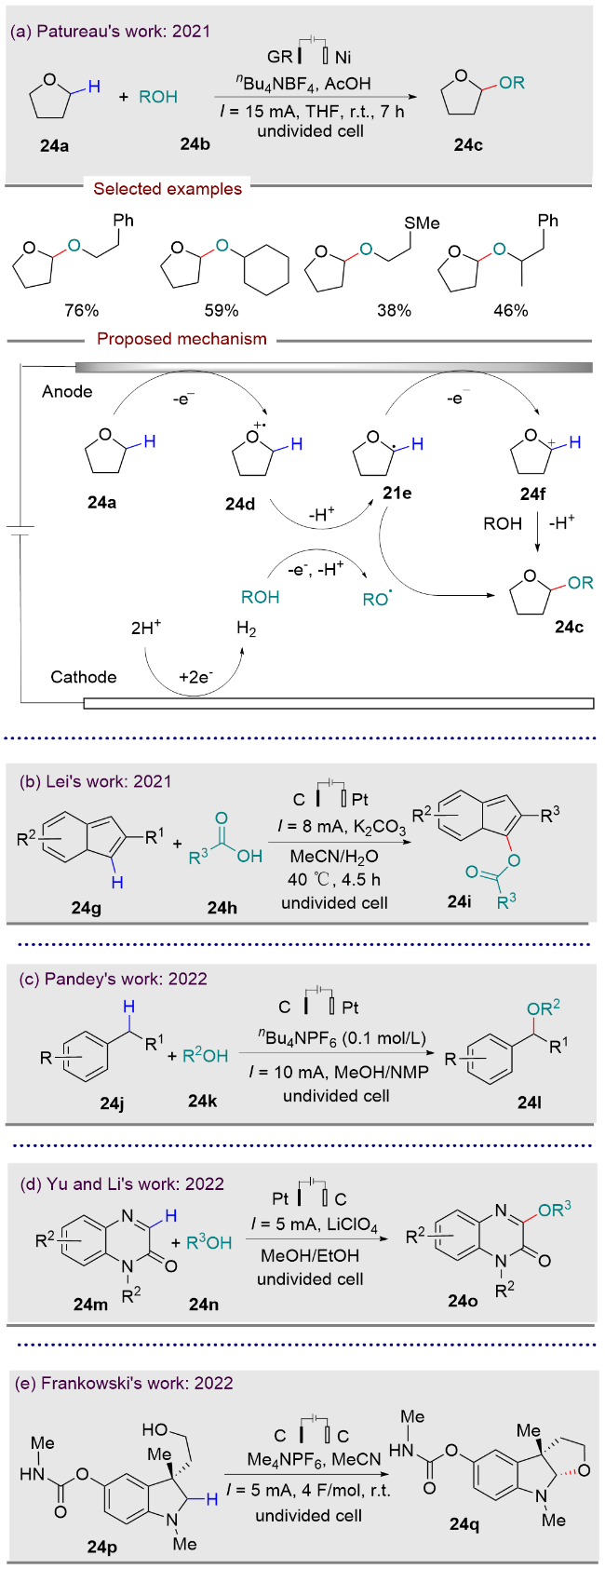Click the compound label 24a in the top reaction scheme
[55, 145]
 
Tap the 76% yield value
[81, 309]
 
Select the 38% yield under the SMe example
[395, 309]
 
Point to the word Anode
[67, 391]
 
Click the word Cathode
[84, 677]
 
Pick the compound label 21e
[397, 494]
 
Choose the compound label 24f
[533, 494]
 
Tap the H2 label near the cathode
[246, 629]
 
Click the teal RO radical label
[377, 598]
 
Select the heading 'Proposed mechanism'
[182, 339]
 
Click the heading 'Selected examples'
[168, 189]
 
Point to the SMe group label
[422, 223]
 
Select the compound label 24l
[530, 1102]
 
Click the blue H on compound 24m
[170, 1215]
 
